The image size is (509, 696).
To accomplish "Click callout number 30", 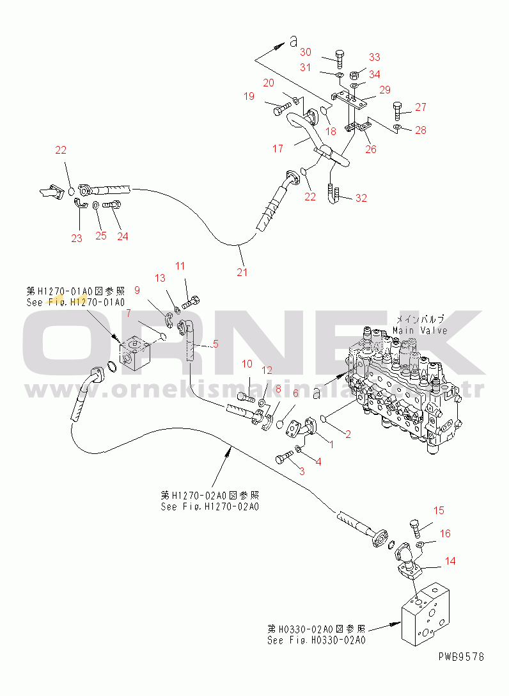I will click(306, 53).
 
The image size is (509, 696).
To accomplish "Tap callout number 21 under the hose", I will click(242, 271).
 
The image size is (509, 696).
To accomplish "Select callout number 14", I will click(451, 561).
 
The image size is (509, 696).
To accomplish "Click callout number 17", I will click(277, 149).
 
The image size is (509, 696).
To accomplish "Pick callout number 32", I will click(361, 198).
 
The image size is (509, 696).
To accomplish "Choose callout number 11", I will click(180, 265).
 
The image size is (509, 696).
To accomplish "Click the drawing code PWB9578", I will click(461, 656).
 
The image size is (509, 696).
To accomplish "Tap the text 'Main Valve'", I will click(419, 330).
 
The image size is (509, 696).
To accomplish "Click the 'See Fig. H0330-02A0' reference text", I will click(317, 640).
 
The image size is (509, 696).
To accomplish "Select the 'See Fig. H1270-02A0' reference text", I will click(210, 507).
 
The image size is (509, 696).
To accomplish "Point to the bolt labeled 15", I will click(414, 528).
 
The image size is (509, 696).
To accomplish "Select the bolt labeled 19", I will click(282, 109).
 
